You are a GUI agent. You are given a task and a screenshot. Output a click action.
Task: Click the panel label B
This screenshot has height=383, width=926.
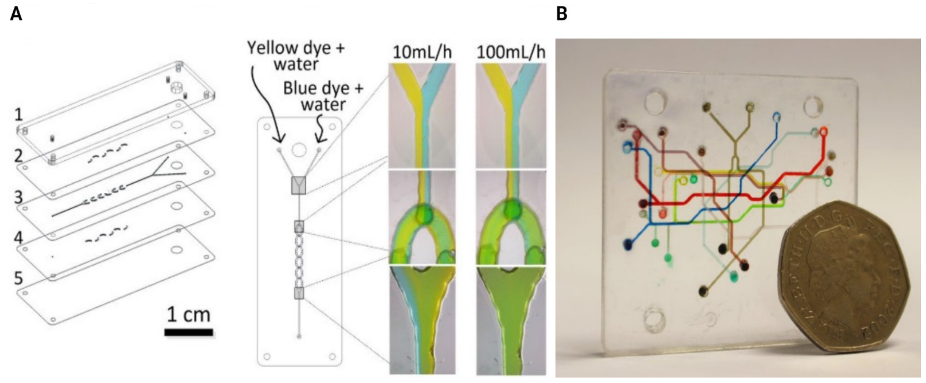tap(562, 14)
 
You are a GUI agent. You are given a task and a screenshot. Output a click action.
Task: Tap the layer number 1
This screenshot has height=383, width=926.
tap(19, 115)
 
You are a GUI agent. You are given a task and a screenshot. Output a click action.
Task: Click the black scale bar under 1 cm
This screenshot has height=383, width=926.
tap(189, 332)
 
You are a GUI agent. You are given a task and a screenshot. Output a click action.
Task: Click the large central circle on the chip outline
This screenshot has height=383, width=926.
tap(299, 150)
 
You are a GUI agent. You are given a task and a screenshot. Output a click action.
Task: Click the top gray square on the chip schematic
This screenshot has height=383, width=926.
tap(298, 185)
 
